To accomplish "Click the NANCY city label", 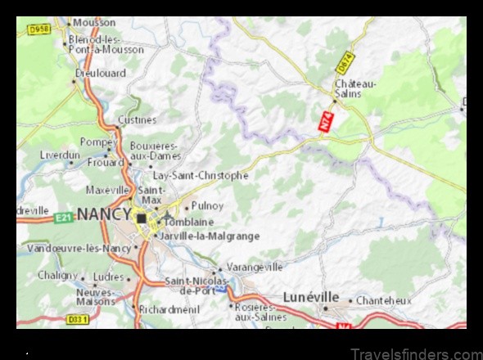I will [103, 214].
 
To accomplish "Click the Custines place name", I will [137, 119].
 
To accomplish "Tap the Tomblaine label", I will [189, 221].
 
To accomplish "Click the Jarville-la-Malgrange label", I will [210, 236].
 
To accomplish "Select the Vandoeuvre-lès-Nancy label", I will [79, 247].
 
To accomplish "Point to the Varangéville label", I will [254, 267].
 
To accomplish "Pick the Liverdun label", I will [60, 154].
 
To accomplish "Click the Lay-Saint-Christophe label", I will [201, 175].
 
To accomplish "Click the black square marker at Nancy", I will [142, 218].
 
